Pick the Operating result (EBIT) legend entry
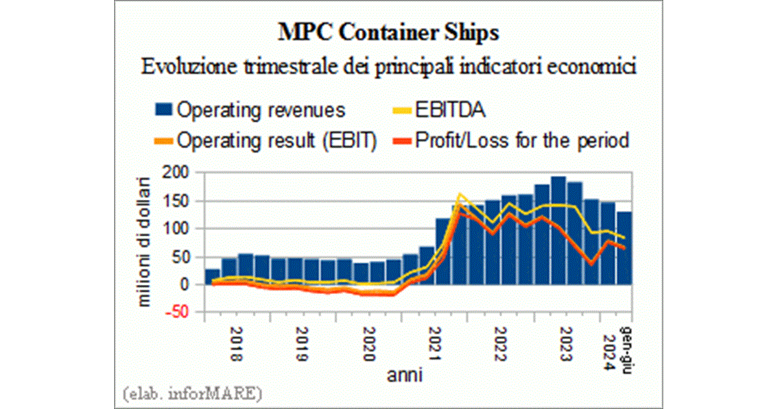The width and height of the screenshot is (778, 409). pos(266,140)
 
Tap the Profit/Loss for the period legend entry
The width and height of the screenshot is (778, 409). pos(513,140)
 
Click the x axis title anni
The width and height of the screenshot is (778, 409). pos(406,375)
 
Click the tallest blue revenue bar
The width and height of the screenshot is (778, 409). pos(558,230)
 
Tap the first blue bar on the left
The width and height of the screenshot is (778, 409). pos(213,277)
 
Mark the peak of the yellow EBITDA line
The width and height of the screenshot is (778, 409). pos(460,193)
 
